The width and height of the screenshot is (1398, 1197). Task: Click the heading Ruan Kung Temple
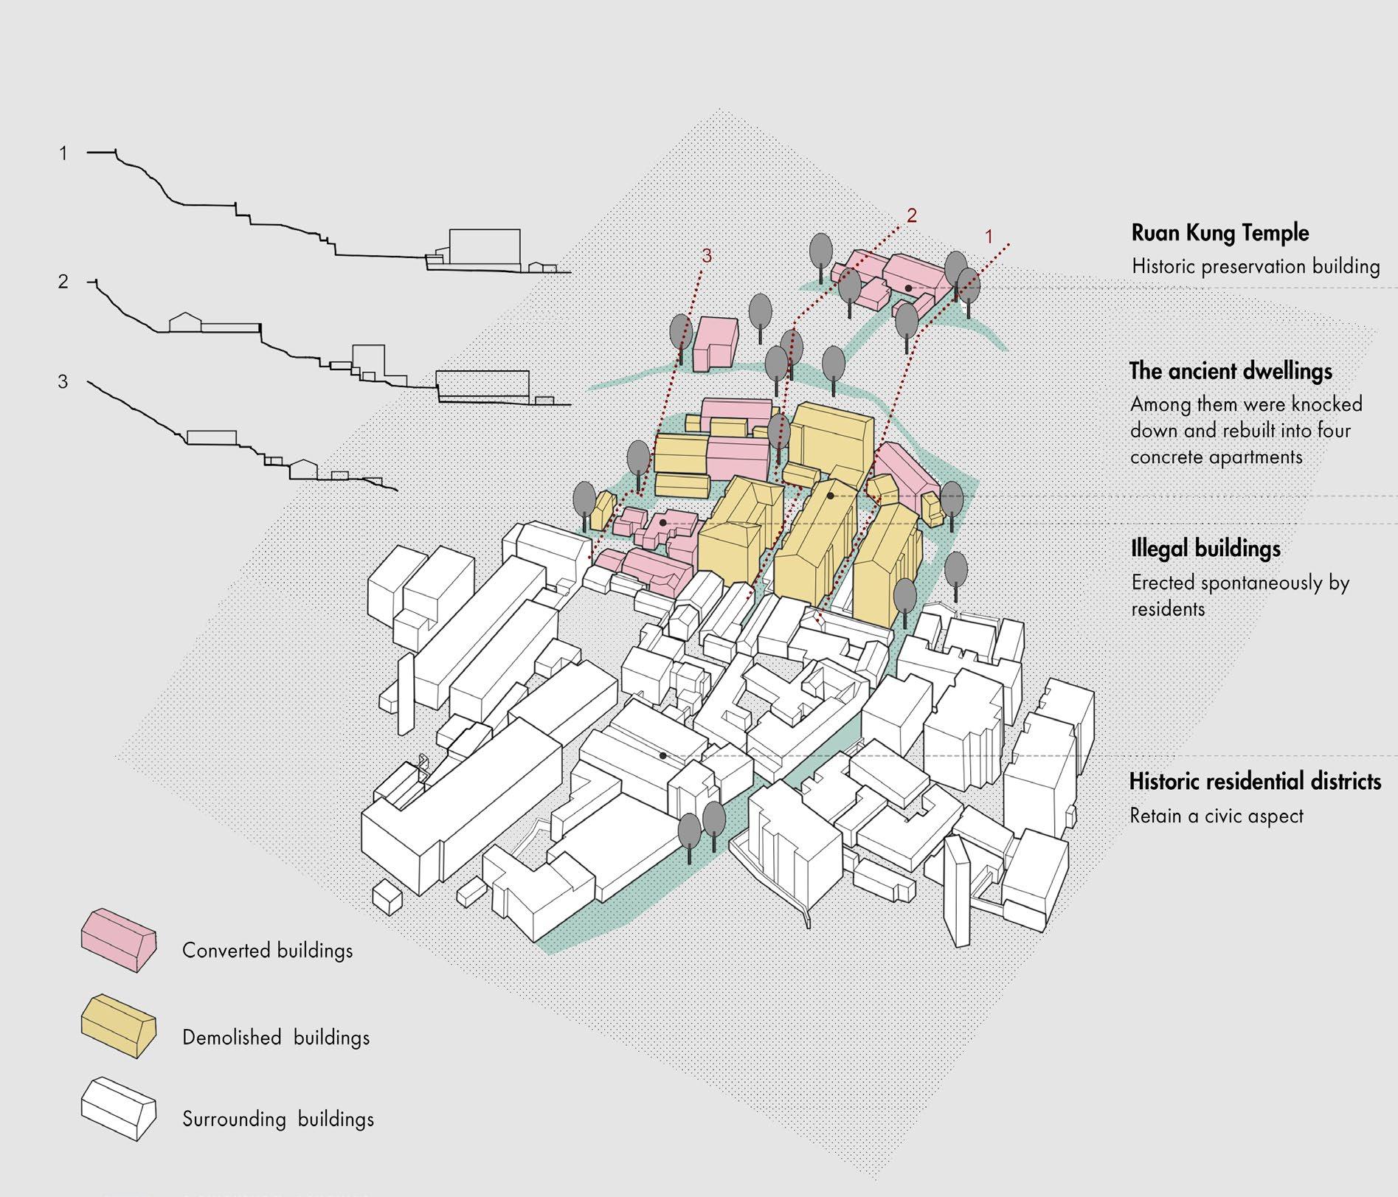coord(1220,233)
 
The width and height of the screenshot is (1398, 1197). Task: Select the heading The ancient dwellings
coord(1231,370)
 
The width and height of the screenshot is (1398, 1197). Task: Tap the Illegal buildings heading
coord(1205,549)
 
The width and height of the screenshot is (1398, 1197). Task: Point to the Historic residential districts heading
coord(1255,781)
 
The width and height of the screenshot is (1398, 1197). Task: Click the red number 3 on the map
coord(707,257)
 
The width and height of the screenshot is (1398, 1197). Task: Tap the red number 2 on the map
coord(912,215)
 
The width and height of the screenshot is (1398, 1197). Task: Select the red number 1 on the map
coord(989,236)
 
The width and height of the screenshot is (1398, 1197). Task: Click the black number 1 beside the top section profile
coord(63,153)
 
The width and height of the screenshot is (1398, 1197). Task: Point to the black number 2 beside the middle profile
coord(63,282)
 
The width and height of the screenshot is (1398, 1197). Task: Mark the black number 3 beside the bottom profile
coord(63,382)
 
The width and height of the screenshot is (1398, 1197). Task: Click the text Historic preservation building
coord(1256,266)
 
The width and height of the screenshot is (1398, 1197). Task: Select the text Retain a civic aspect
coord(1217,816)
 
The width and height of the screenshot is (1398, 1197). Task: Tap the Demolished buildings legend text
coord(276,1038)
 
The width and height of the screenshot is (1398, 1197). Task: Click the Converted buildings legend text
coord(267,950)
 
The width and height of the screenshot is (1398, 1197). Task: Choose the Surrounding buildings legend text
coord(278,1119)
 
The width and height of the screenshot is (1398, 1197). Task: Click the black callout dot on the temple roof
coord(909,288)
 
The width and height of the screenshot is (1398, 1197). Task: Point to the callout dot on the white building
coord(663,756)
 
